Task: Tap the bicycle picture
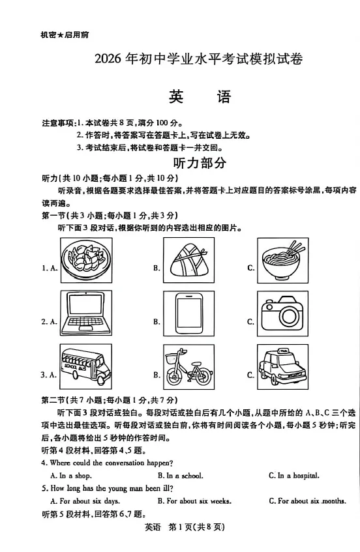(188, 368)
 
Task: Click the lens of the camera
(289, 317)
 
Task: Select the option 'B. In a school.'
(180, 476)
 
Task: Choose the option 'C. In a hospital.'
(293, 476)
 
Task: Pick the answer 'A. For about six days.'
(85, 501)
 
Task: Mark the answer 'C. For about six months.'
(307, 501)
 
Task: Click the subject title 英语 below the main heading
(199, 98)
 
